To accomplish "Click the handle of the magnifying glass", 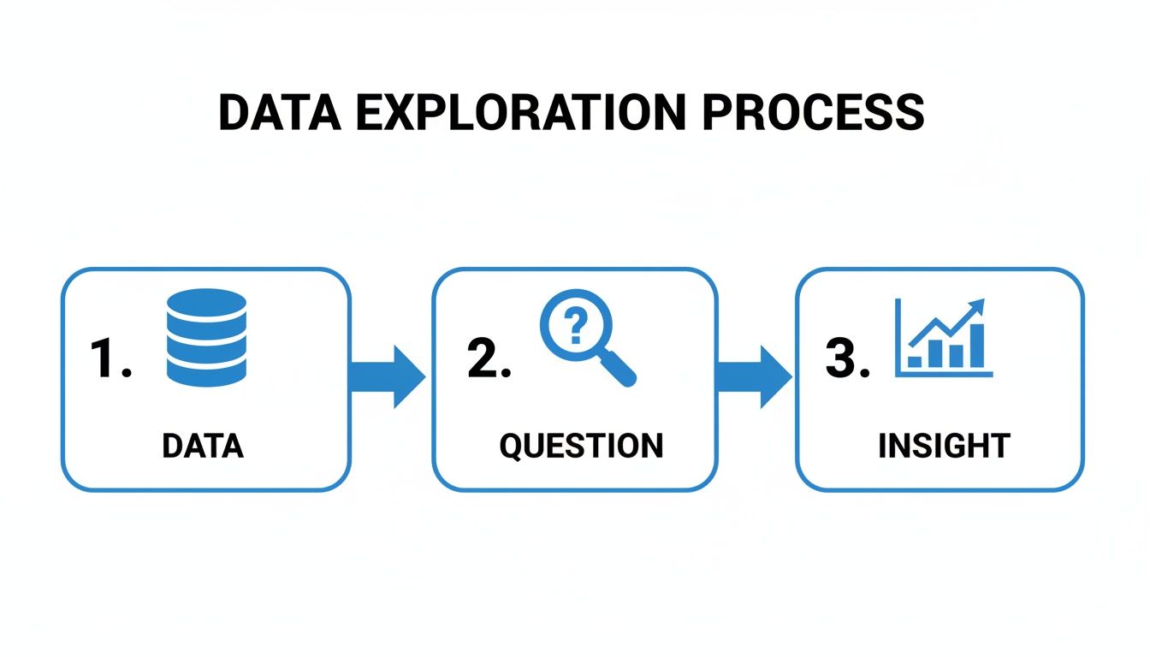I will pos(619,369).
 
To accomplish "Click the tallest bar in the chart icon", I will pos(975,347).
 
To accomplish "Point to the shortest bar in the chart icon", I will pos(915,362).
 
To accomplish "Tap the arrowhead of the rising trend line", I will pos(977,306).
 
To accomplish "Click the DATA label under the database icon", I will pos(203,446).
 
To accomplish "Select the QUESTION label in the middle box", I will pos(581,446).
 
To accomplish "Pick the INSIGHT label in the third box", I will pos(944,446).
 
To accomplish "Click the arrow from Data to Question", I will pos(389,377).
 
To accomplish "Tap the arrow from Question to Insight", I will pos(754,377).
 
